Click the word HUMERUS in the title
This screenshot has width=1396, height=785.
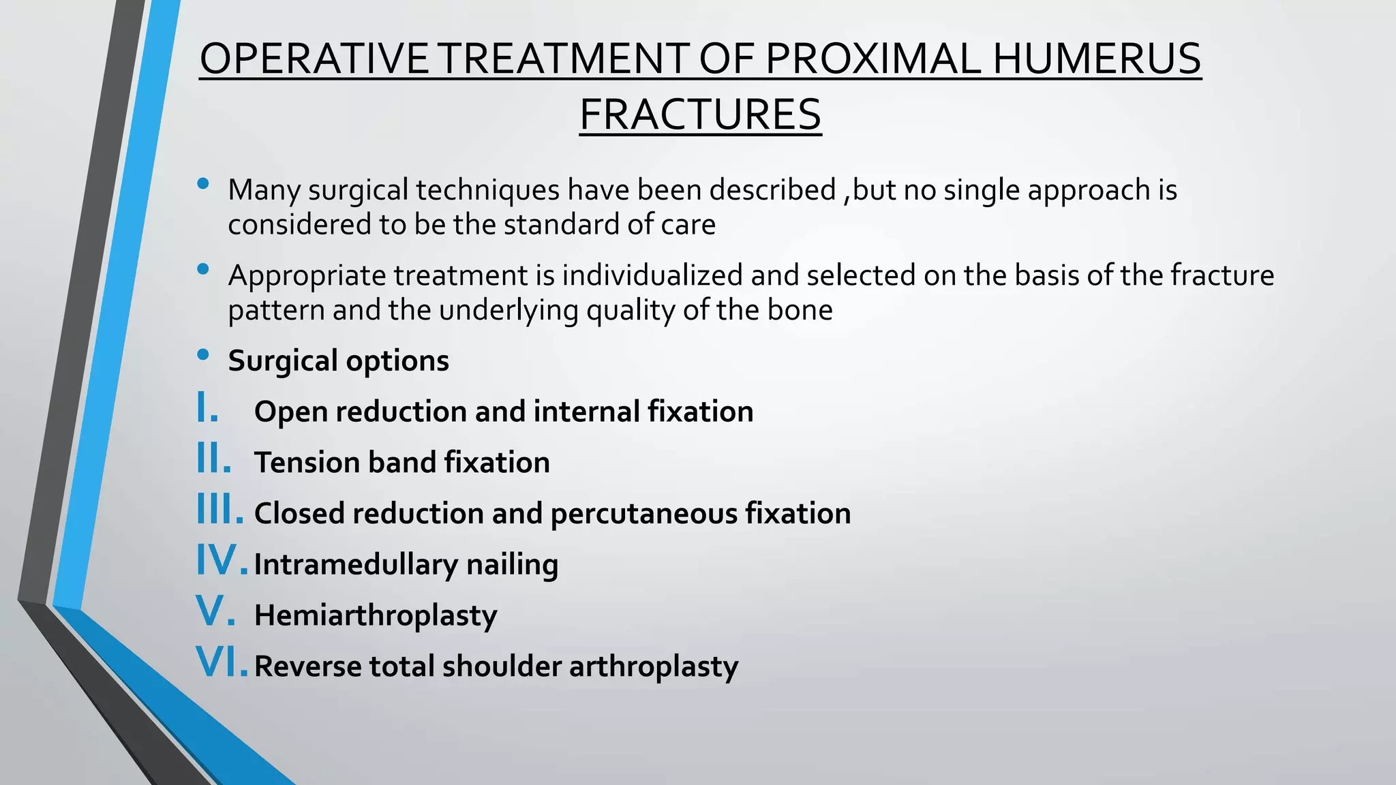point(1096,59)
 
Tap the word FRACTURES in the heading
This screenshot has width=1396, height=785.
point(700,114)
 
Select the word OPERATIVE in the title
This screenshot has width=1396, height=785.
point(314,59)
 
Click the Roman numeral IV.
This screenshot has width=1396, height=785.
point(221,560)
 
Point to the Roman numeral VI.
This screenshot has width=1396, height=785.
point(221,662)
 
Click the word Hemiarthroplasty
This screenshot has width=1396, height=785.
point(376,615)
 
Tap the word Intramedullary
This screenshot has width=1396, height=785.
point(356,565)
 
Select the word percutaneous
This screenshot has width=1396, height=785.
point(643,514)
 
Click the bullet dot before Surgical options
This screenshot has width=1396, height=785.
point(202,354)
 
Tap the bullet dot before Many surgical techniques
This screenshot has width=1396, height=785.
point(202,183)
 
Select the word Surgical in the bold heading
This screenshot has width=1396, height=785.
point(282,361)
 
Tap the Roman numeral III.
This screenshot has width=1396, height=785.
point(219,510)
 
